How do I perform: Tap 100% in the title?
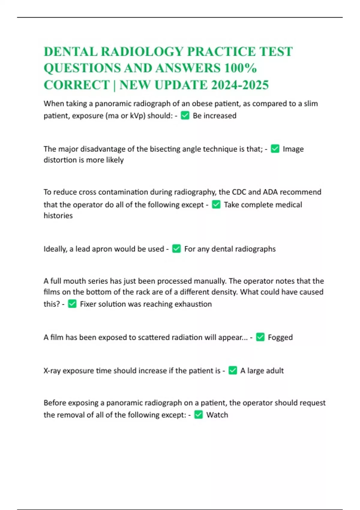click(240, 68)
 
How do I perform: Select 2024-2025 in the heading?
click(240, 85)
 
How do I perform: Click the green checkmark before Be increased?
click(185, 115)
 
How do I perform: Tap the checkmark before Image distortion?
click(275, 149)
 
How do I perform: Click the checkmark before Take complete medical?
click(216, 205)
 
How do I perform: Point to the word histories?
click(58, 216)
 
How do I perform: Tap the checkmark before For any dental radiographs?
click(176, 249)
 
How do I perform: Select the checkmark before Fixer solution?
click(72, 304)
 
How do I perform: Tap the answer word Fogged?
click(280, 337)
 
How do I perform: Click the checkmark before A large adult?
click(233, 370)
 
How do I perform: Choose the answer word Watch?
click(217, 415)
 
